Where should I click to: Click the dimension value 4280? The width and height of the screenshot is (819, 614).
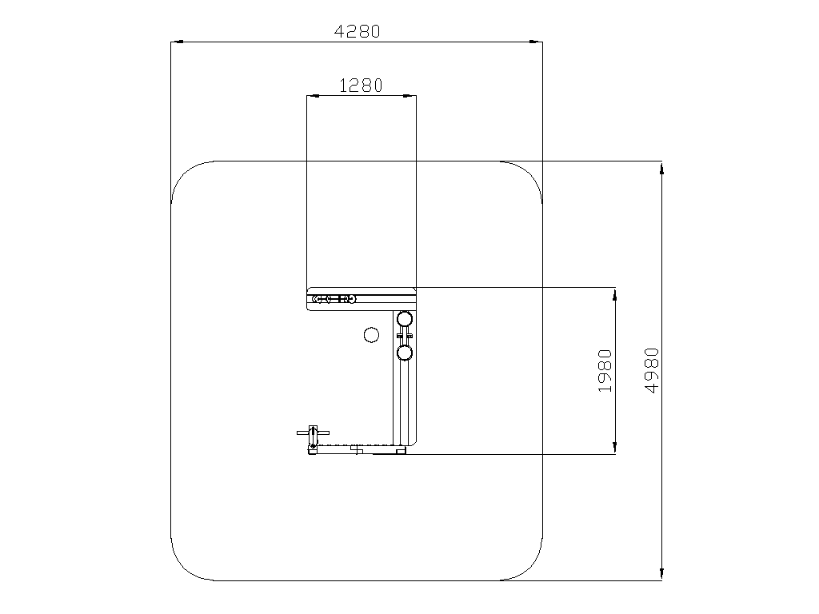358,32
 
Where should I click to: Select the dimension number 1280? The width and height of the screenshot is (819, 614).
361,86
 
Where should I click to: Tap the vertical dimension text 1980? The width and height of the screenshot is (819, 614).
605,371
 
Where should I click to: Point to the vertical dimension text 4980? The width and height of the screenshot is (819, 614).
652,370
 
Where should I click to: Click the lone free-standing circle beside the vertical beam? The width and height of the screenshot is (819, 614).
371,335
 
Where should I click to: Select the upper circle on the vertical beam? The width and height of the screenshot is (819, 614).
405,318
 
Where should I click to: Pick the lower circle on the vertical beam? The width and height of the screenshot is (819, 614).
405,353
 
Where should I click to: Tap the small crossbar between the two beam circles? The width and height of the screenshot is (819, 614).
405,335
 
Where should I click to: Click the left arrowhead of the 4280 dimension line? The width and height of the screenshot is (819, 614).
177,42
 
